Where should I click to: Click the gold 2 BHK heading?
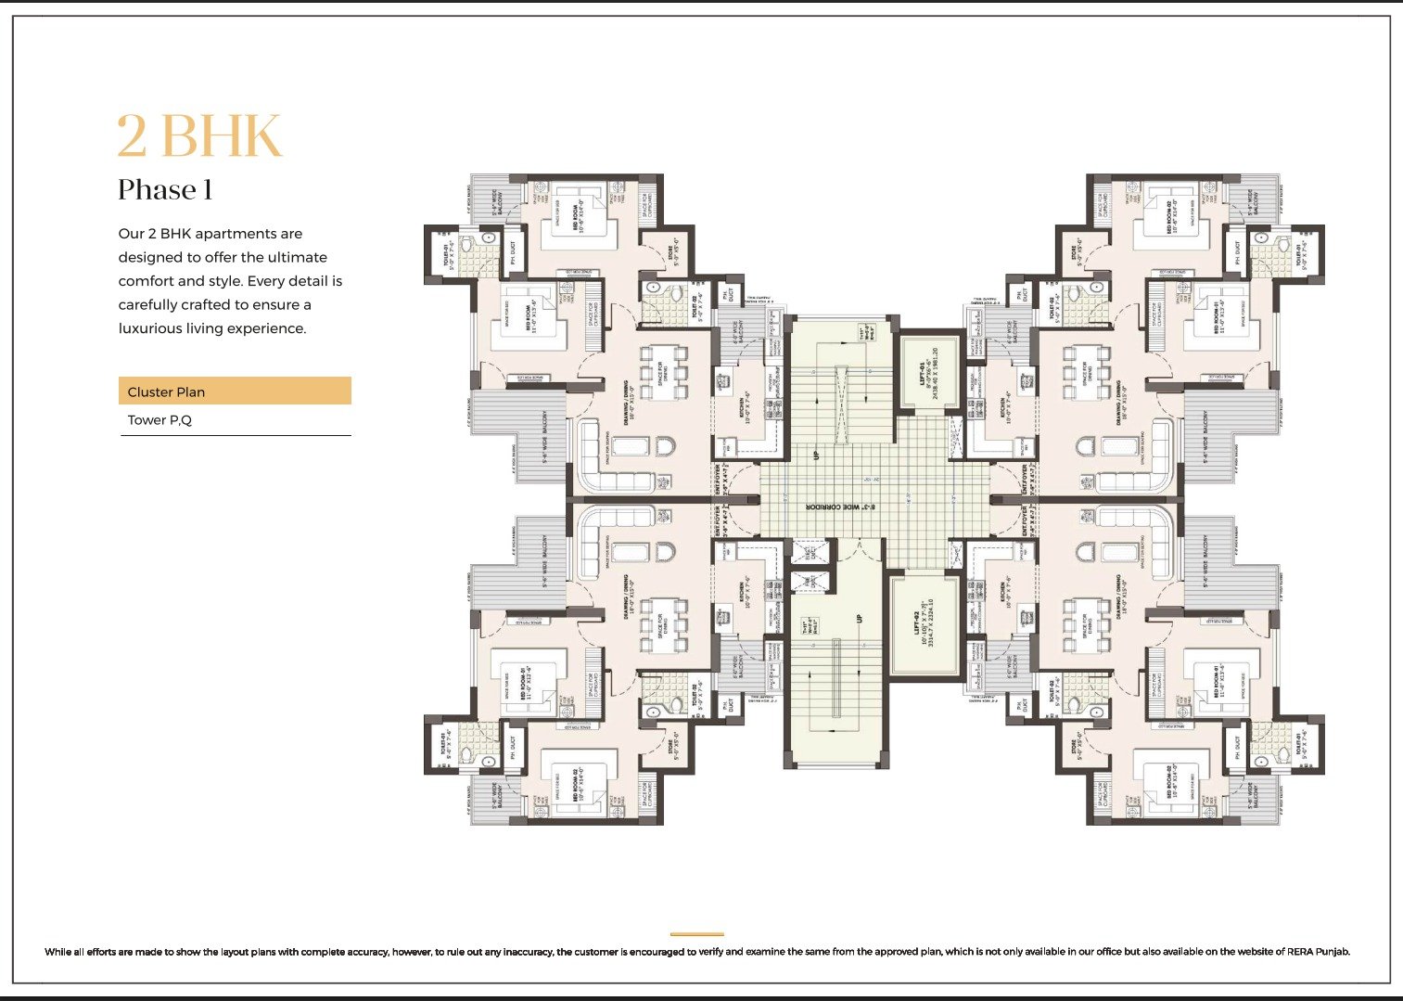pyautogui.click(x=199, y=137)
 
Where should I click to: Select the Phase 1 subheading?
pyautogui.click(x=165, y=190)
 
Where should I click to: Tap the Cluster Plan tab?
pyautogui.click(x=167, y=391)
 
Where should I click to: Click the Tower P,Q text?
pyautogui.click(x=159, y=420)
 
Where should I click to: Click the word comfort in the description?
pyautogui.click(x=146, y=281)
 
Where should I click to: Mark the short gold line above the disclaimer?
pyautogui.click(x=696, y=934)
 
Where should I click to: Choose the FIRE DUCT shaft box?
pyautogui.click(x=809, y=583)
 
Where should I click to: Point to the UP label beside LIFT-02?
pyautogui.click(x=860, y=618)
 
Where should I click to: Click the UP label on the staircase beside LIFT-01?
pyautogui.click(x=816, y=456)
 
